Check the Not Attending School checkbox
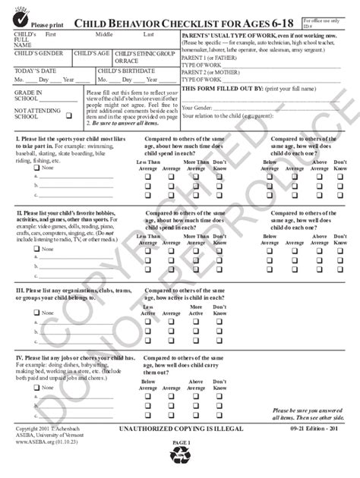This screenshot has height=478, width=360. pyautogui.click(x=69, y=116)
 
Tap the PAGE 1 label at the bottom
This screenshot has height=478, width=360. pyautogui.click(x=181, y=442)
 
